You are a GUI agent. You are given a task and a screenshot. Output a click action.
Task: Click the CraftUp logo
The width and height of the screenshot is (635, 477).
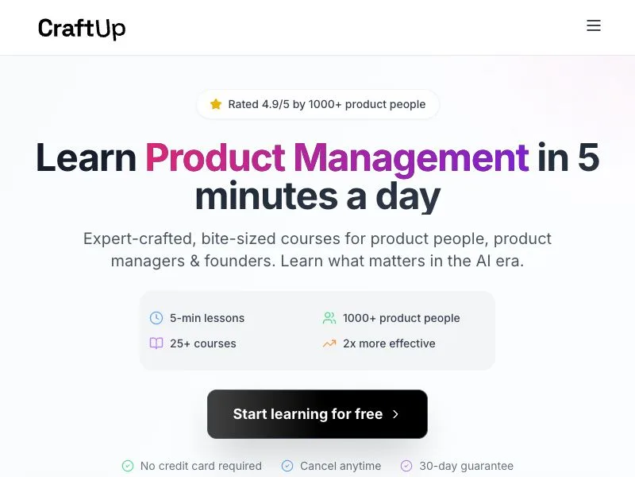click(82, 29)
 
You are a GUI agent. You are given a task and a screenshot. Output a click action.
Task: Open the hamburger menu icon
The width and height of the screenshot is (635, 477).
click(594, 25)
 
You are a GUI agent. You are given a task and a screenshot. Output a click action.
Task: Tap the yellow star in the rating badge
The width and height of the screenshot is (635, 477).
click(216, 104)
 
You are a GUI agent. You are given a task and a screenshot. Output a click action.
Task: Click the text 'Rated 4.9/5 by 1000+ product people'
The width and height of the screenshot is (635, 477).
click(327, 104)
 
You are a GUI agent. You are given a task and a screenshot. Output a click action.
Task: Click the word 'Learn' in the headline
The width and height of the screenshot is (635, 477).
click(87, 157)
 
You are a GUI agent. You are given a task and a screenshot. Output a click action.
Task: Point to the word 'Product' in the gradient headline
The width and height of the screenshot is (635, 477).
click(215, 157)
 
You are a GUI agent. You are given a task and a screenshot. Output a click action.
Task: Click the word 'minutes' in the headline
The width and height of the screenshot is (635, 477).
click(266, 196)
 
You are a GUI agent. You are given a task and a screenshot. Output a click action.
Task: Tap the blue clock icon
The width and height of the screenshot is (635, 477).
click(156, 318)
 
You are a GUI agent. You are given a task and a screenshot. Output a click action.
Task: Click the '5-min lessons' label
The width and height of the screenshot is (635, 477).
click(207, 318)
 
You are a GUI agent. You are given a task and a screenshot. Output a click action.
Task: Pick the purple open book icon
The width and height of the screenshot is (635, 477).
click(156, 343)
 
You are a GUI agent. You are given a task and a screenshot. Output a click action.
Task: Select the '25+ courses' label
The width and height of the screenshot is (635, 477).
click(203, 343)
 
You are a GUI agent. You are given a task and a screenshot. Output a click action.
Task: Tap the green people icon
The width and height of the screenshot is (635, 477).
click(329, 318)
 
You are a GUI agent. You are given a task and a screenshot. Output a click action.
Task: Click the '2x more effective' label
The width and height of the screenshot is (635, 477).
click(389, 343)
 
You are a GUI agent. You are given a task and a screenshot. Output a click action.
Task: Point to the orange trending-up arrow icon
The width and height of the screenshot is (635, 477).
click(329, 343)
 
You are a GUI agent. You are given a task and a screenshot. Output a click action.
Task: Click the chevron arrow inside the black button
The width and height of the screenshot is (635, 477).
click(395, 414)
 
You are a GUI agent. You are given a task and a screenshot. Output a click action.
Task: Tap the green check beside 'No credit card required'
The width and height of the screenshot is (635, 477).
click(128, 466)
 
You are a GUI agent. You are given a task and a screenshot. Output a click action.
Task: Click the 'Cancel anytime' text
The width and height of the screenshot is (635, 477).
click(341, 466)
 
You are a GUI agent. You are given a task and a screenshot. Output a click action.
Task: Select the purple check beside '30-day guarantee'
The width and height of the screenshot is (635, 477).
click(406, 466)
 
